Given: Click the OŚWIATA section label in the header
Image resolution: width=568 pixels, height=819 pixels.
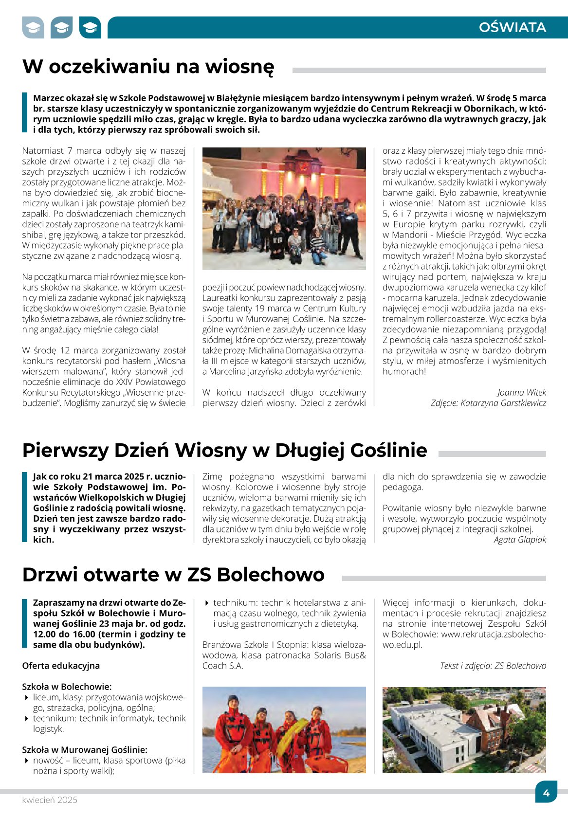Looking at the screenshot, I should tap(512, 27).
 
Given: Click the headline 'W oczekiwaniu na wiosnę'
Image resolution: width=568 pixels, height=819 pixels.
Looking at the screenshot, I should tap(148, 67).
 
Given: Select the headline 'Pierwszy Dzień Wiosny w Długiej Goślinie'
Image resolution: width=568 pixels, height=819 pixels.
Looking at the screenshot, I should tap(224, 450).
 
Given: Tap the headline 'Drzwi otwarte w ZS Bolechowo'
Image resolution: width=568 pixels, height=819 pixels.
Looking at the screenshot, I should tap(173, 575).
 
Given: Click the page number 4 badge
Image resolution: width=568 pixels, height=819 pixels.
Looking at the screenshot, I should tap(546, 793).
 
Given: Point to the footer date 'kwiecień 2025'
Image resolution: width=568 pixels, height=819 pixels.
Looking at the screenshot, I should tap(50, 800).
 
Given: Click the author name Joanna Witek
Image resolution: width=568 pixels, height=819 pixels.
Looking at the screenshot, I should tap(522, 392).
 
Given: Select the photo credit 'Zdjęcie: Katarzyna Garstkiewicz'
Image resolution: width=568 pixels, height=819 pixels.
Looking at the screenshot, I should tap(488, 403).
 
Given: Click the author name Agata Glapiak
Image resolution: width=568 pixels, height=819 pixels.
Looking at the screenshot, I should tap(520, 540).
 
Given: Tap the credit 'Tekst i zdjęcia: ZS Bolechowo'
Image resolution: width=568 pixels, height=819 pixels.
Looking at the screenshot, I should tap(493, 666).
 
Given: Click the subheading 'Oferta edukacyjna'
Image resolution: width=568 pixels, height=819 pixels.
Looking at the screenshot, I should tap(61, 666).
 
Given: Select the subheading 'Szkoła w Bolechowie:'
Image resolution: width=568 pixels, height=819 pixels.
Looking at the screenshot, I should tap(67, 687).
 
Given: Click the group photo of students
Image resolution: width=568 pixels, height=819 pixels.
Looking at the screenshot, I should tap(284, 208).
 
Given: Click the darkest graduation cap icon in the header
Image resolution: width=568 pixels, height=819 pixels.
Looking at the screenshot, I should tap(90, 28).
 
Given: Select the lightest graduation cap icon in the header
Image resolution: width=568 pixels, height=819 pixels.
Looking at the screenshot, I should tap(33, 28).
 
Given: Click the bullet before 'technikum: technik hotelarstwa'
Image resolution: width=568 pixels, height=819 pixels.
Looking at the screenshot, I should tap(207, 603).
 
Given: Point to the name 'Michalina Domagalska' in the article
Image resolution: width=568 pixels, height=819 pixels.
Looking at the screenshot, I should tap(279, 350).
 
